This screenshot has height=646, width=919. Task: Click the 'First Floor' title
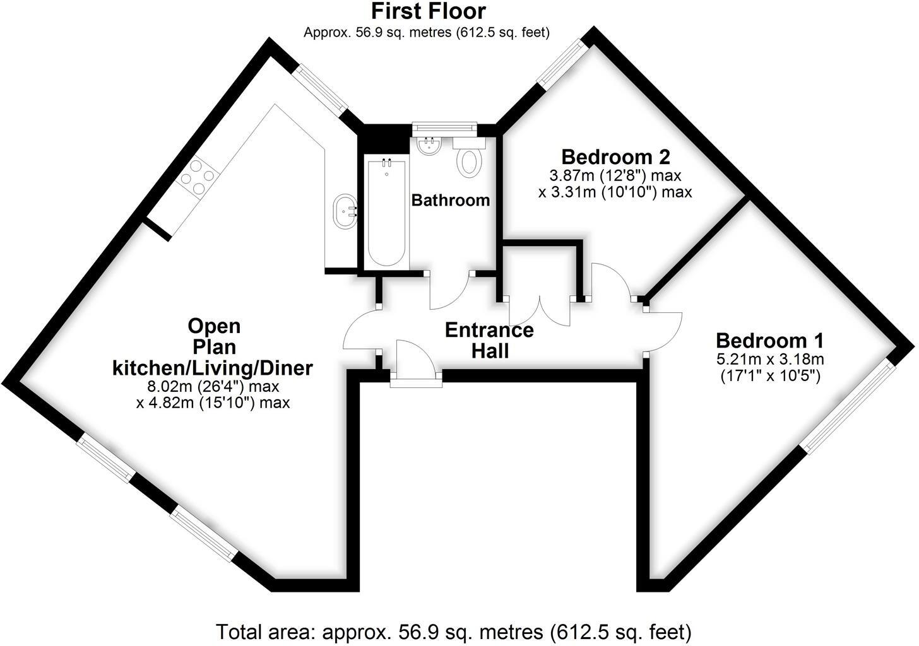pos(428,11)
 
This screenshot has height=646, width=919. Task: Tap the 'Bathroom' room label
pos(451,201)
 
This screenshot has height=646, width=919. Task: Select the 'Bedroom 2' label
pos(615,156)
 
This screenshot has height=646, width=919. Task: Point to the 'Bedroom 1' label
pos(769,341)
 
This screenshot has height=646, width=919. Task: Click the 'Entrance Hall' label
pos(489,341)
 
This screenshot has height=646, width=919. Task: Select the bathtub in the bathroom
pos(386,213)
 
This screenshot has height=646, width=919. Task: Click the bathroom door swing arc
pos(449,291)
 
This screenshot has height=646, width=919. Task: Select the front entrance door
pos(415,363)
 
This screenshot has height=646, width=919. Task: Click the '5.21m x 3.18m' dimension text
pos(769,360)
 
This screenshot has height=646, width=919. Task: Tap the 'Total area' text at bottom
pos(454,631)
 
